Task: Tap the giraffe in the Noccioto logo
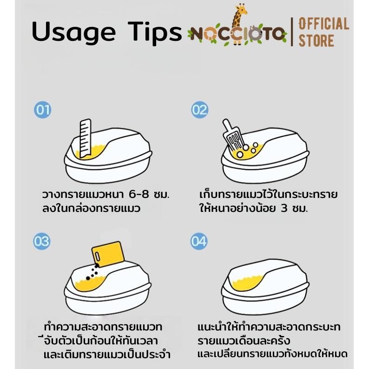[239, 24]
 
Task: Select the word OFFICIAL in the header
[324, 24]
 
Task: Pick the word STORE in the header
[316, 40]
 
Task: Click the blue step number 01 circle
[43, 110]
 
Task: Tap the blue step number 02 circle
[200, 110]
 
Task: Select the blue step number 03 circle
[42, 241]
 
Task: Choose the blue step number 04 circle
[199, 241]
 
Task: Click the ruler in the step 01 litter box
[86, 138]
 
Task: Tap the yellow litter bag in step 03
[108, 254]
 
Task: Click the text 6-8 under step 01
[139, 195]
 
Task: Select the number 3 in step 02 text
[284, 209]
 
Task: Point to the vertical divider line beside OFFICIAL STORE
[292, 32]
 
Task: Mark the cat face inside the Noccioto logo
[254, 33]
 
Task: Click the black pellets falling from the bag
[92, 272]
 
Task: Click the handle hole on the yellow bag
[98, 256]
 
